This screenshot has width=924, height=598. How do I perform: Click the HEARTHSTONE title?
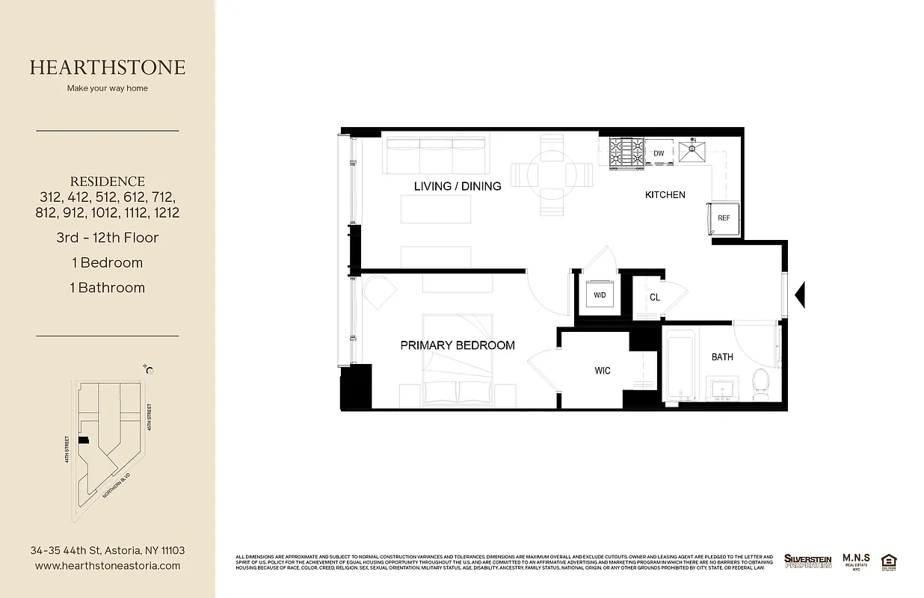[x=108, y=67]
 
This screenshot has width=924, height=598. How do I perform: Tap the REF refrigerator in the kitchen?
[x=724, y=218]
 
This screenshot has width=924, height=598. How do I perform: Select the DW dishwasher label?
[x=659, y=153]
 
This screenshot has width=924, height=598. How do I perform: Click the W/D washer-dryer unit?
[x=600, y=295]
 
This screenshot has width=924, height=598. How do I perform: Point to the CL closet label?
[x=655, y=298]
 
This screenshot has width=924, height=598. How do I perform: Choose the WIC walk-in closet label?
[x=603, y=371]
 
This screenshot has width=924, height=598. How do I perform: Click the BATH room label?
[x=722, y=357]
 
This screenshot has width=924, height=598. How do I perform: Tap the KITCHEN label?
[x=665, y=195]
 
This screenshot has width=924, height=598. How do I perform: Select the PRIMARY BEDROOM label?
[x=458, y=345]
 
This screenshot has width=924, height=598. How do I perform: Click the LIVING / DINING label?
[x=458, y=186]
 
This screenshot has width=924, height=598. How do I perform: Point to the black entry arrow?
[x=798, y=294]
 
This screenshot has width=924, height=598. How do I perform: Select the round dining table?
[x=552, y=173]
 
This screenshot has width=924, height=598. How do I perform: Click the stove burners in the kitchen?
[x=626, y=153]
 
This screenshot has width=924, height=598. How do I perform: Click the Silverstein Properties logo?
[x=807, y=561]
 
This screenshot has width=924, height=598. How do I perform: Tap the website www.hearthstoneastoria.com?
[x=108, y=566]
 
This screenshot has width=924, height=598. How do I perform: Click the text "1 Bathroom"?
[x=108, y=288]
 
